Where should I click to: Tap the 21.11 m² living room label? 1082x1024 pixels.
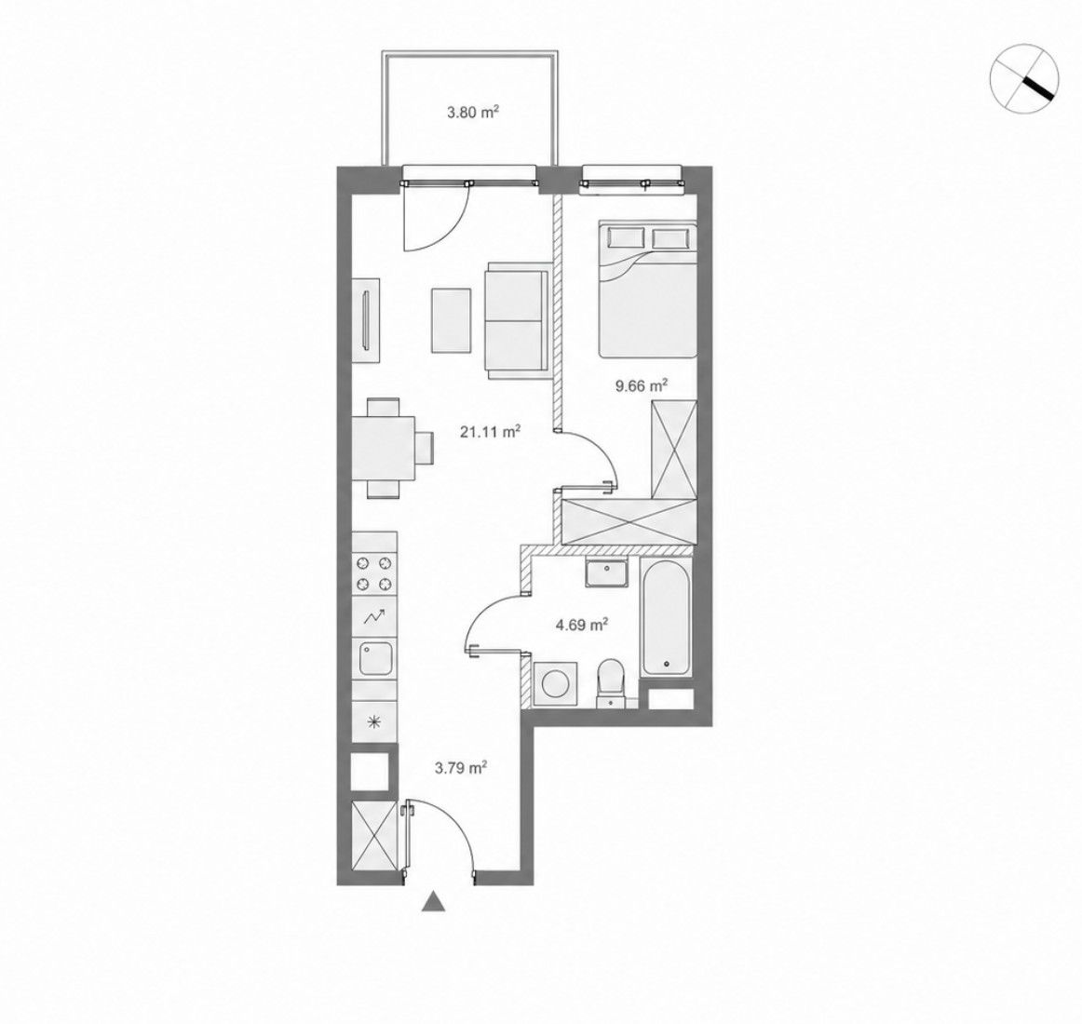490,432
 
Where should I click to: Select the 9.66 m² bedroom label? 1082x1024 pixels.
642,385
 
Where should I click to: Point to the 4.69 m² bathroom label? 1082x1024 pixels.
582,626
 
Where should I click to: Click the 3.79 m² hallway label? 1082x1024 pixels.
462,767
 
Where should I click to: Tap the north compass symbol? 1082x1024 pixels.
1024,76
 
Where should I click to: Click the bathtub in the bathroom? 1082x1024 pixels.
665,617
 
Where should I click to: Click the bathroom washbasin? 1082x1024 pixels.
606,573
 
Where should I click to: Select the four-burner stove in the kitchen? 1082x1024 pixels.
374,574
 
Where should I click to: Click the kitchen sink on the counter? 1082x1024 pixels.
374,659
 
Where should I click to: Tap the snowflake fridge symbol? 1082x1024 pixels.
374,722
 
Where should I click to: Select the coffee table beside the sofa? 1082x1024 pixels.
452,321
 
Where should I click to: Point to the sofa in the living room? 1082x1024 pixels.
517,320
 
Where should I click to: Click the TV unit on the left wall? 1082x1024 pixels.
366,320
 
